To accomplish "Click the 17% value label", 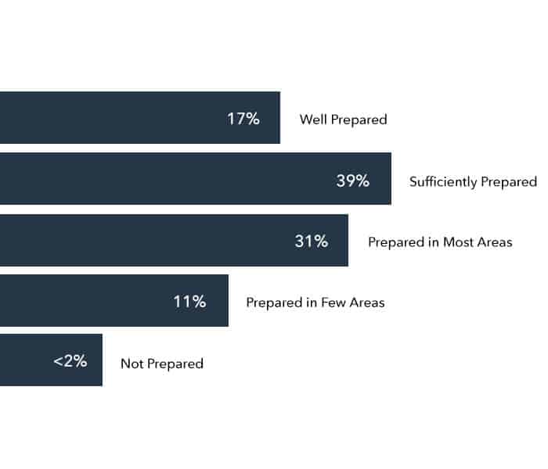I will [x=243, y=120].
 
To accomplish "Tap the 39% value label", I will [x=352, y=181].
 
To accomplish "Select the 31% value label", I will [x=311, y=242].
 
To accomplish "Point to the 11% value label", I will [x=189, y=302].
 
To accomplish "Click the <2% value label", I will [x=70, y=362].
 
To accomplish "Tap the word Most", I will [x=458, y=242].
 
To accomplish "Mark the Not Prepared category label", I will [x=162, y=363].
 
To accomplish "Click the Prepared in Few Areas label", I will [x=315, y=303].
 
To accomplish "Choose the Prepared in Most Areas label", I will [x=440, y=242].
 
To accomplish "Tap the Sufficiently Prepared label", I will [x=473, y=181].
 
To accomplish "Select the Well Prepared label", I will [x=344, y=120].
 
